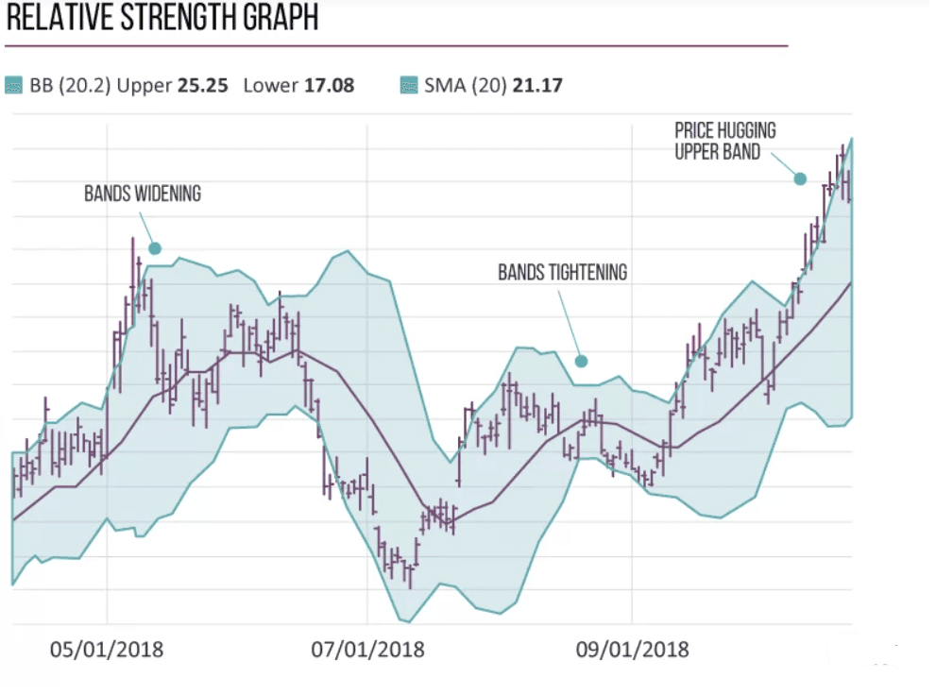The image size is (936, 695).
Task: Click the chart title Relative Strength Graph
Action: coord(161,17)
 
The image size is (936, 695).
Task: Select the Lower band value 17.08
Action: coord(328,86)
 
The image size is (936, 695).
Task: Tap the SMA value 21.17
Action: coord(536,86)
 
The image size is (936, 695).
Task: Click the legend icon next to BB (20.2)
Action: coord(13,86)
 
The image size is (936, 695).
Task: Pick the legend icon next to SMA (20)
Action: coord(409,86)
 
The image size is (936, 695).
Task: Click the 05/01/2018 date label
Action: coord(106,650)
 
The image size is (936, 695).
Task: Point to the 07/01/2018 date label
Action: coord(367,650)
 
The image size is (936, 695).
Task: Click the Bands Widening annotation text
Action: coord(142,194)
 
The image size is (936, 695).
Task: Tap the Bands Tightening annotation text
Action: coord(562,272)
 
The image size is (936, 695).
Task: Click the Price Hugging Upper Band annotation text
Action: coord(724,141)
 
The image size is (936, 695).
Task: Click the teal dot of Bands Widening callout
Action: coord(155,248)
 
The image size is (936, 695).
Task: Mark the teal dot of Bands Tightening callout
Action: coord(582,361)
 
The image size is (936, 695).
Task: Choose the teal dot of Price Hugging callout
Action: coord(800,178)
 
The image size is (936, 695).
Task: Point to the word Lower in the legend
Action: coord(270,86)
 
